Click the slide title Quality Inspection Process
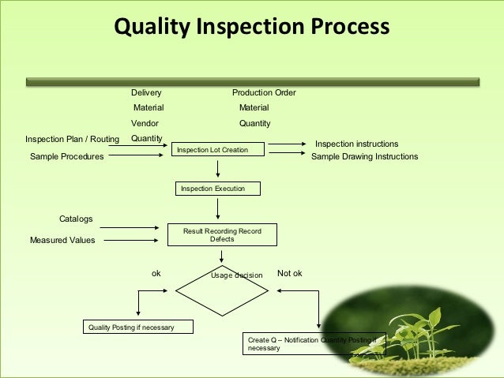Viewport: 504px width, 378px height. pyautogui.click(x=252, y=28)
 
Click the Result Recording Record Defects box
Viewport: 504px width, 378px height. pyautogui.click(x=222, y=234)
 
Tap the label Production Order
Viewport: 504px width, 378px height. pyautogui.click(x=264, y=92)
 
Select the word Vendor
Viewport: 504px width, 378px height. pyautogui.click(x=145, y=123)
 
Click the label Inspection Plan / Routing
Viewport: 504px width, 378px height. pyautogui.click(x=72, y=140)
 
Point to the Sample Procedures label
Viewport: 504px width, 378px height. pyautogui.click(x=66, y=157)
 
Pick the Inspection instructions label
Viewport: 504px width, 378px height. pyautogui.click(x=356, y=144)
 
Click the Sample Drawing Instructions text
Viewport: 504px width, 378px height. pyautogui.click(x=364, y=157)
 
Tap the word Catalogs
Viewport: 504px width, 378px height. pyautogui.click(x=76, y=218)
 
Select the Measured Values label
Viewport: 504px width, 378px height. pyautogui.click(x=62, y=241)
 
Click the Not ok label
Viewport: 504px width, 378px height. pyautogui.click(x=290, y=273)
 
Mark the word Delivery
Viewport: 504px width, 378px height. pyautogui.click(x=145, y=92)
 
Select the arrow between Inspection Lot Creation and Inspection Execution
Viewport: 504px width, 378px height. pyautogui.click(x=217, y=169)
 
